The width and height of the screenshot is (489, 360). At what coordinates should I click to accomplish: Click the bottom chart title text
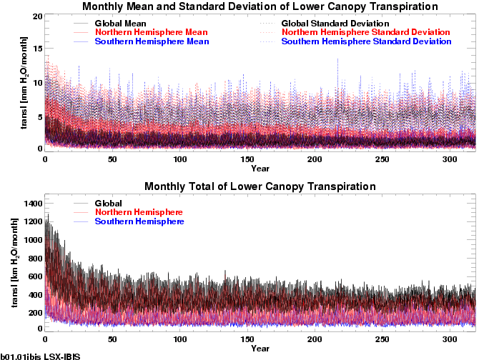pyautogui.click(x=260, y=186)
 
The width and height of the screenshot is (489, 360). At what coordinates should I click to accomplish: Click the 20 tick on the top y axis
pyautogui.click(x=38, y=16)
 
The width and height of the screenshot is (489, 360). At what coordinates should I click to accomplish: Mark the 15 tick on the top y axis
pyautogui.click(x=38, y=49)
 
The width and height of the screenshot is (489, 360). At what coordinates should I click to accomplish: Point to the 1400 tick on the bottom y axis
pyautogui.click(x=32, y=204)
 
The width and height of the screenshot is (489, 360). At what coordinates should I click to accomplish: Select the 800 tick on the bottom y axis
pyautogui.click(x=34, y=258)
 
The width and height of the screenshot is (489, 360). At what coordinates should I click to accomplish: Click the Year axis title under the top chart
pyautogui.click(x=260, y=169)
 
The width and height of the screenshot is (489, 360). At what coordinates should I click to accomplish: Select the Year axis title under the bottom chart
pyautogui.click(x=260, y=349)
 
